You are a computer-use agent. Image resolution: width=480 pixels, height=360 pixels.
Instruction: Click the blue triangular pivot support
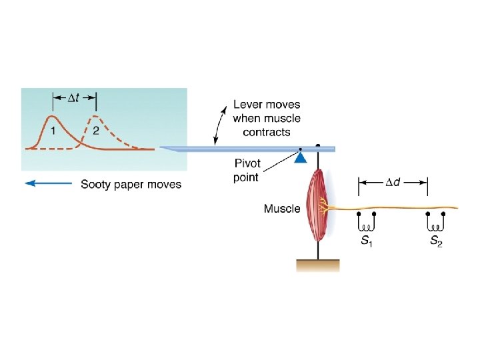(x=301, y=158)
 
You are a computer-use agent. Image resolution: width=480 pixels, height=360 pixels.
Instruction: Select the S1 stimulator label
(x=366, y=241)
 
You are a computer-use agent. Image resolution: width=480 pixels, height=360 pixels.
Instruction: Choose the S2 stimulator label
(x=435, y=241)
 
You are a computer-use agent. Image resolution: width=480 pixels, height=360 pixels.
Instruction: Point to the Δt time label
(x=75, y=99)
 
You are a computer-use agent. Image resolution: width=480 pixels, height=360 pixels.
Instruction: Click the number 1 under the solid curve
(x=52, y=131)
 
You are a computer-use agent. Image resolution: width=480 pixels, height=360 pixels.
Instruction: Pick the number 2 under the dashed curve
(x=96, y=131)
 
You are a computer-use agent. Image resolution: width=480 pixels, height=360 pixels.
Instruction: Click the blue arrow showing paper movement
(x=48, y=184)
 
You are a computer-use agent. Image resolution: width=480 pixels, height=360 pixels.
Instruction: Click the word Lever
(x=248, y=105)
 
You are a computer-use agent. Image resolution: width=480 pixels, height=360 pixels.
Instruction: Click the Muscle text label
(x=281, y=209)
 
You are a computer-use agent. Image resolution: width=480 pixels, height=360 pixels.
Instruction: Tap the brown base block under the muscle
(x=317, y=265)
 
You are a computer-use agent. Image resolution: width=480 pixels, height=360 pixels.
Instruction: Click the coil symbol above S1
(x=366, y=222)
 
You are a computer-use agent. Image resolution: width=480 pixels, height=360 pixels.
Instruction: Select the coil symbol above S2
(x=435, y=222)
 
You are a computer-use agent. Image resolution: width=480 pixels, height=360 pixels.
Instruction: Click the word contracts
(x=266, y=132)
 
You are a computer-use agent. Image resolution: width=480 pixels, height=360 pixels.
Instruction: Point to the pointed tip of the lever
(x=162, y=147)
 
